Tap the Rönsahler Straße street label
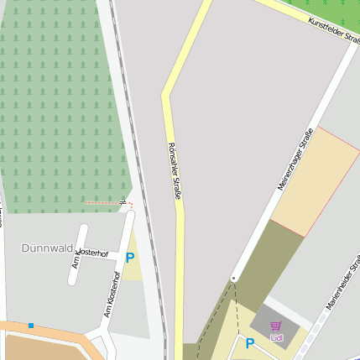[175, 170]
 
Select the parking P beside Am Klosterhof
[130, 258]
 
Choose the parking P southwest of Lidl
[249, 342]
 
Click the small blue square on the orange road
[31, 326]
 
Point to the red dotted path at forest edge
[105, 203]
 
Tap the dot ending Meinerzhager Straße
[234, 278]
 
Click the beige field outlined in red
[315, 183]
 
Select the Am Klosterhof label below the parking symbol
[112, 294]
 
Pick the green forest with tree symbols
[59, 109]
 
